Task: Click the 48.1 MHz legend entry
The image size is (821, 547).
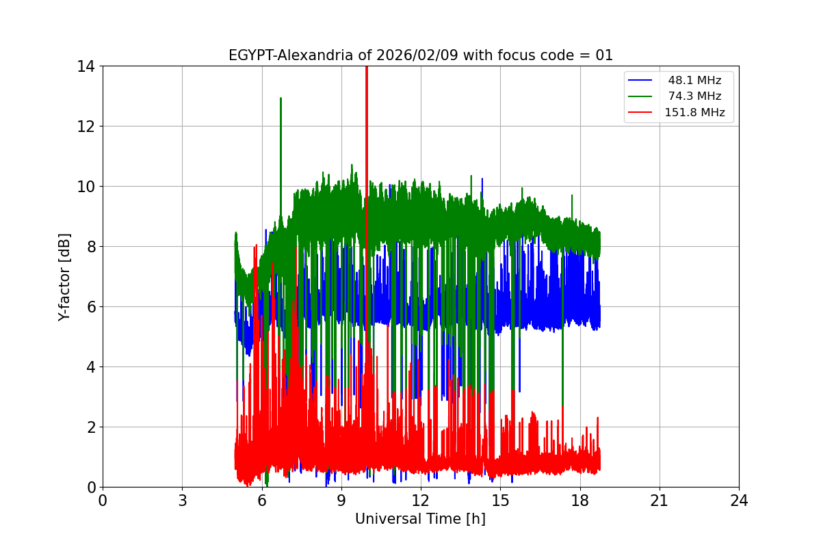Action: pyautogui.click(x=694, y=81)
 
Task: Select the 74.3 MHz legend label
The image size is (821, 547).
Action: pyautogui.click(x=694, y=96)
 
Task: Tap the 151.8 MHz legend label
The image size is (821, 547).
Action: pyautogui.click(x=694, y=113)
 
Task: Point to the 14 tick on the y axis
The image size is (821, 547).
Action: pyautogui.click(x=88, y=66)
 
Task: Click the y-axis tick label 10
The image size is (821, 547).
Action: pyautogui.click(x=88, y=187)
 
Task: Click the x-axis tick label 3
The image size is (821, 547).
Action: pyautogui.click(x=182, y=501)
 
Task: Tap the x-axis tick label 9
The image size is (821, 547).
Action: pyautogui.click(x=341, y=501)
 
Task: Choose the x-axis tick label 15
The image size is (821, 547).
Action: pyautogui.click(x=500, y=501)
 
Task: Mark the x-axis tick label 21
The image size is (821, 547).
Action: pyautogui.click(x=660, y=501)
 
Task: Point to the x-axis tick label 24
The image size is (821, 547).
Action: pyautogui.click(x=739, y=501)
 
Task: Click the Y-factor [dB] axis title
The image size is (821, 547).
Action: pyautogui.click(x=64, y=276)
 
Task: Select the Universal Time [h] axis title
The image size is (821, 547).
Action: pyautogui.click(x=420, y=519)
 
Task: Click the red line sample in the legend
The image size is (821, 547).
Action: pyautogui.click(x=641, y=113)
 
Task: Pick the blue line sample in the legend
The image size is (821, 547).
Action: pyautogui.click(x=641, y=81)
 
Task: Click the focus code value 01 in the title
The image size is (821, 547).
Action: pyautogui.click(x=604, y=55)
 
